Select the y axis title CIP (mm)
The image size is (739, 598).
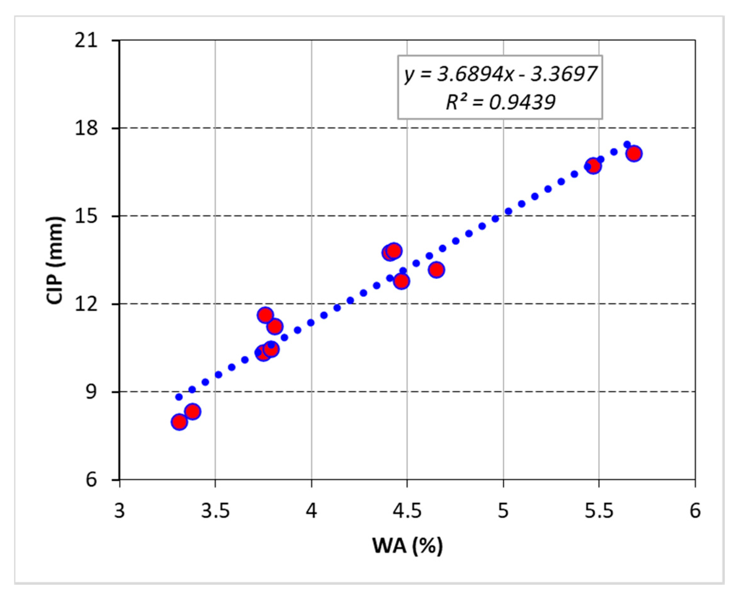click(x=55, y=260)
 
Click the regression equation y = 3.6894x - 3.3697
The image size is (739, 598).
click(x=500, y=74)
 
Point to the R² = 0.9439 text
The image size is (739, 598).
click(x=500, y=102)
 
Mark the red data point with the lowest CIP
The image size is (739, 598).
click(x=179, y=422)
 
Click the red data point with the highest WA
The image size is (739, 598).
click(x=634, y=154)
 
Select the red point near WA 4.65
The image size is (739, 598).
click(x=437, y=270)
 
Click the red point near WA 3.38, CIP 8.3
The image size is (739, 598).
click(x=192, y=412)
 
